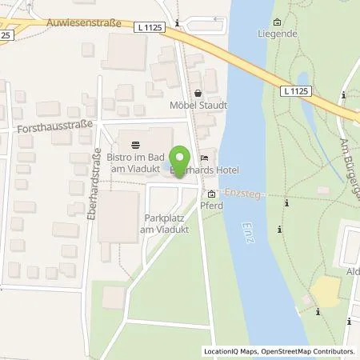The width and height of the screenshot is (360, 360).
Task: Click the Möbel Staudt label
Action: tap(202, 105)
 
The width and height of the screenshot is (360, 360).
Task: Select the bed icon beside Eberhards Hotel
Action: tap(204, 157)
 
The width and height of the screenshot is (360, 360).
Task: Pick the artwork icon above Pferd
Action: tap(211, 194)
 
